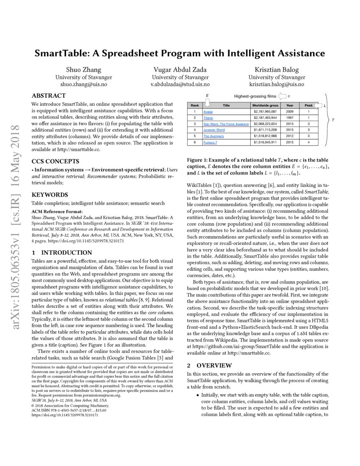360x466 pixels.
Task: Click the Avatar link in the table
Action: point(208,111)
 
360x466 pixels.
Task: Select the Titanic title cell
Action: point(209,117)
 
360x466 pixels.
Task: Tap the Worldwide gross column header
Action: point(265,105)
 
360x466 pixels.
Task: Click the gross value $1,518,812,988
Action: point(266,136)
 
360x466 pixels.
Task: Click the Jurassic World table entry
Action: point(214,130)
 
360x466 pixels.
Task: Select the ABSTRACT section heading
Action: point(49,95)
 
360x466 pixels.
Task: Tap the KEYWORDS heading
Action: point(49,194)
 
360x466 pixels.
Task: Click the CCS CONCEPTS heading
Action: point(55,161)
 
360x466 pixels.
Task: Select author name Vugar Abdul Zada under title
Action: point(180,69)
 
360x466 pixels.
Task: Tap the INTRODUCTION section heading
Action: point(61,252)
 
